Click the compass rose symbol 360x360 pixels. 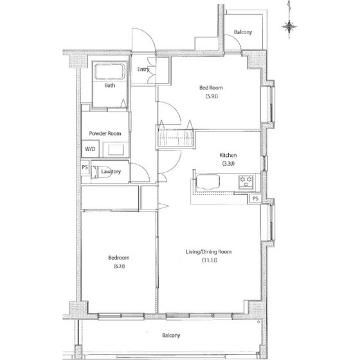[289, 26]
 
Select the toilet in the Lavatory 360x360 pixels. [100, 172]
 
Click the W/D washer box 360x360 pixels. [90, 148]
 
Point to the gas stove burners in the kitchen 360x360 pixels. [246, 181]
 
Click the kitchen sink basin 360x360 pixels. [207, 182]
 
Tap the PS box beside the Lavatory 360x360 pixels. [85, 167]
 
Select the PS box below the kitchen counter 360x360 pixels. [255, 199]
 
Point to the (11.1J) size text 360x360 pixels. [210, 260]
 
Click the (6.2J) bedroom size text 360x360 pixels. [119, 266]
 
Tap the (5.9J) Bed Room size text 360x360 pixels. [212, 96]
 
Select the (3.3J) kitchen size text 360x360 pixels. [228, 163]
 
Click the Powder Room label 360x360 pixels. [105, 134]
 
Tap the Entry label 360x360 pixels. [143, 69]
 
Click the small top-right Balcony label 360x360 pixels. [243, 32]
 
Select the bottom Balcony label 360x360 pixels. [171, 335]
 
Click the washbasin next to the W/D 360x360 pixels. [116, 149]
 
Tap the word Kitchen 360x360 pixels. [228, 155]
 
